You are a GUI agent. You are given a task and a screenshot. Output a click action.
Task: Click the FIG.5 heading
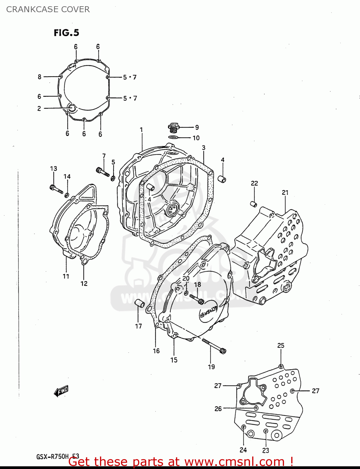(66, 33)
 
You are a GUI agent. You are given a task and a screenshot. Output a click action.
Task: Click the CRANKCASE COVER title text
(48, 9)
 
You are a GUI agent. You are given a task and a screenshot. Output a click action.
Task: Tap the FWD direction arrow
(61, 391)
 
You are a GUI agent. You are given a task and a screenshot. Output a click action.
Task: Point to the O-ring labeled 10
(173, 137)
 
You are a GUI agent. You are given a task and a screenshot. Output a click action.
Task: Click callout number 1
(141, 129)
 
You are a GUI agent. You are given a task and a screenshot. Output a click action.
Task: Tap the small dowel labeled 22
(254, 204)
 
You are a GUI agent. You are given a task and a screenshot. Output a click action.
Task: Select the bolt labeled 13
(56, 189)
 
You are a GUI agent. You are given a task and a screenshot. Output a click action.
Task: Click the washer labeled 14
(67, 195)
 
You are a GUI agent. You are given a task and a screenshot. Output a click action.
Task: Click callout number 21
(285, 193)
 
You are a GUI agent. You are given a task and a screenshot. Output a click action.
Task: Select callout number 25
(281, 345)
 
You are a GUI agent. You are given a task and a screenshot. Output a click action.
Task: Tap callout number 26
(218, 408)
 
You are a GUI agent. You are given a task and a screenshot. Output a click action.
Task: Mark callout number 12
(84, 283)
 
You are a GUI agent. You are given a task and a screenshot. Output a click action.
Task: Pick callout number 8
(39, 77)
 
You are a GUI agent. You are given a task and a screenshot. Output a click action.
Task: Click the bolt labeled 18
(197, 299)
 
